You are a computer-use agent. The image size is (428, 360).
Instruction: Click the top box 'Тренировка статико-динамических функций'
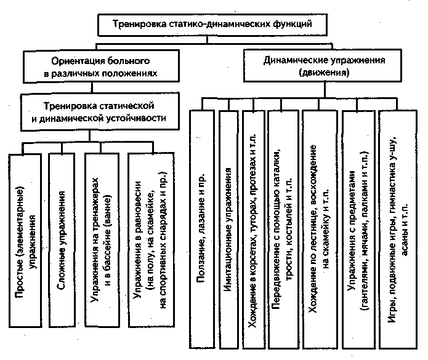tap(214, 25)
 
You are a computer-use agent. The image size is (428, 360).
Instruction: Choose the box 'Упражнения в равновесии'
tap(148, 240)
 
